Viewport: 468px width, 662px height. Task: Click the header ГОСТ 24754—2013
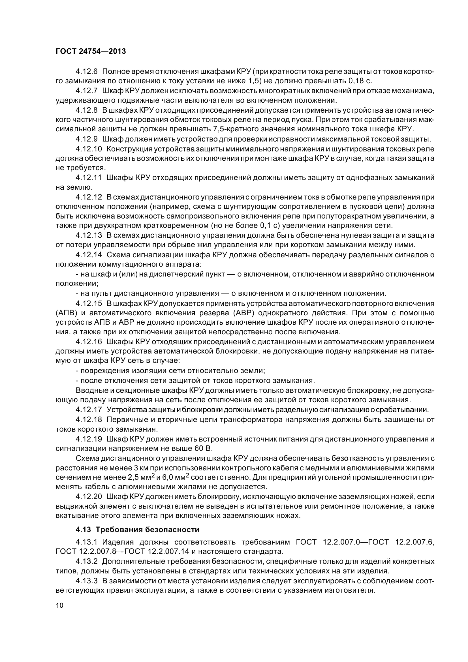click(91, 51)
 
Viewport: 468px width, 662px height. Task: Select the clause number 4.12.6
click(87, 71)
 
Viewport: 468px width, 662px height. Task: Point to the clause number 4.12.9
click(87, 139)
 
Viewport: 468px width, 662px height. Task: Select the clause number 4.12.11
click(89, 178)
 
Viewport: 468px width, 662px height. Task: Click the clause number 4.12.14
click(89, 255)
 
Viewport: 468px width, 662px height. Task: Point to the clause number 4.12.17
click(89, 410)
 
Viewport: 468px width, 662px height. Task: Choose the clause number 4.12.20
click(89, 496)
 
